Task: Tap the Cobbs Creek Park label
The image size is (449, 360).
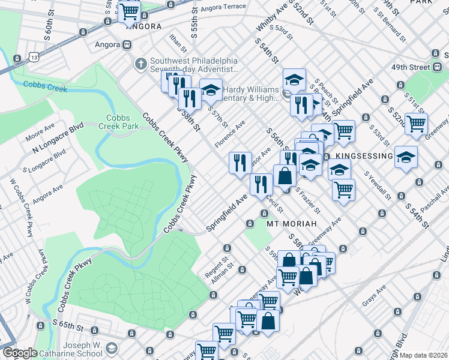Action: pos(122,122)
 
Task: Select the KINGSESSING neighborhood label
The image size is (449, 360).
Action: pos(364,156)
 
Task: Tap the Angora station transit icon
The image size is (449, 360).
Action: pos(127,44)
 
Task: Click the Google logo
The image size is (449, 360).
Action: pos(19,353)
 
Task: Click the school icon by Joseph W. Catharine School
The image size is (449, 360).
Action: pos(112,349)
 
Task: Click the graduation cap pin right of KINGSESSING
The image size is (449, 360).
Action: pos(406,157)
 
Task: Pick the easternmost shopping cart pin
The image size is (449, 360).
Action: pos(416,124)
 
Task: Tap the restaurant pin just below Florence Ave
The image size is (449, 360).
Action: pos(240,161)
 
